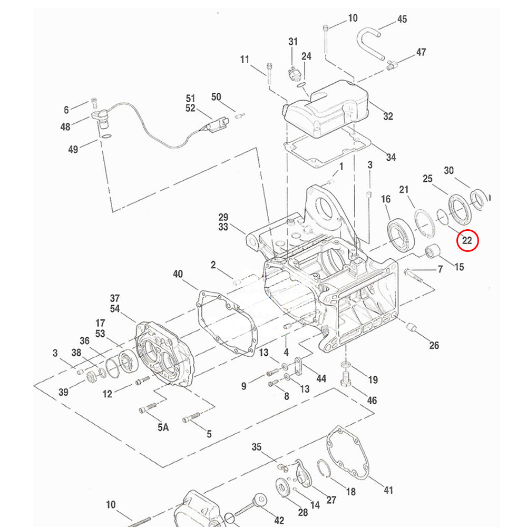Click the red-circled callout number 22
point(467,241)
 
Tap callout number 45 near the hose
point(402,19)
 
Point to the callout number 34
point(391,157)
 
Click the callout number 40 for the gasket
point(178,274)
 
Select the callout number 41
point(388,490)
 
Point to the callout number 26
point(434,346)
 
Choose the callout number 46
point(372,401)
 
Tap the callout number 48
point(65,127)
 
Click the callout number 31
point(293,42)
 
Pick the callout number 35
point(257,447)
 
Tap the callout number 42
point(279,521)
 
